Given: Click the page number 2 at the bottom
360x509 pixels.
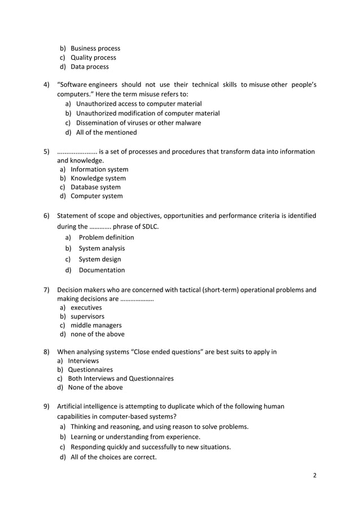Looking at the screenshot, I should tap(315, 475).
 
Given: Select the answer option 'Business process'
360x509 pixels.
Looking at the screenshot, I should tap(95, 49).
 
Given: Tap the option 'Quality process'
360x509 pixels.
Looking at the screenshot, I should tap(93, 58).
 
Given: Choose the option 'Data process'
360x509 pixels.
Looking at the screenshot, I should tap(89, 67).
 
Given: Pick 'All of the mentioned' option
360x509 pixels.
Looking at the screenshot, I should tap(106, 133).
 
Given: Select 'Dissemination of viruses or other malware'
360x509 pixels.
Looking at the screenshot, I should tap(138, 123).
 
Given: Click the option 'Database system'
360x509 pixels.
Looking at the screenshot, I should tap(95, 187).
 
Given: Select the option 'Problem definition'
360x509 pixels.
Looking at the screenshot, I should tap(106, 238).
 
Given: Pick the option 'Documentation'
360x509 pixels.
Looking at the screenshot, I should tap(102, 270).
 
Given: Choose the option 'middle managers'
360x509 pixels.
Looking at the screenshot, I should tap(96, 326).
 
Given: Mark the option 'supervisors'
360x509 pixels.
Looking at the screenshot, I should tap(87, 317).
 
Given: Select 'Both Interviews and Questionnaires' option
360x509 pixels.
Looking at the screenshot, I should tap(120, 379).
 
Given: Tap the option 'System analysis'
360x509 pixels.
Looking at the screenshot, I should tap(102, 248).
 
